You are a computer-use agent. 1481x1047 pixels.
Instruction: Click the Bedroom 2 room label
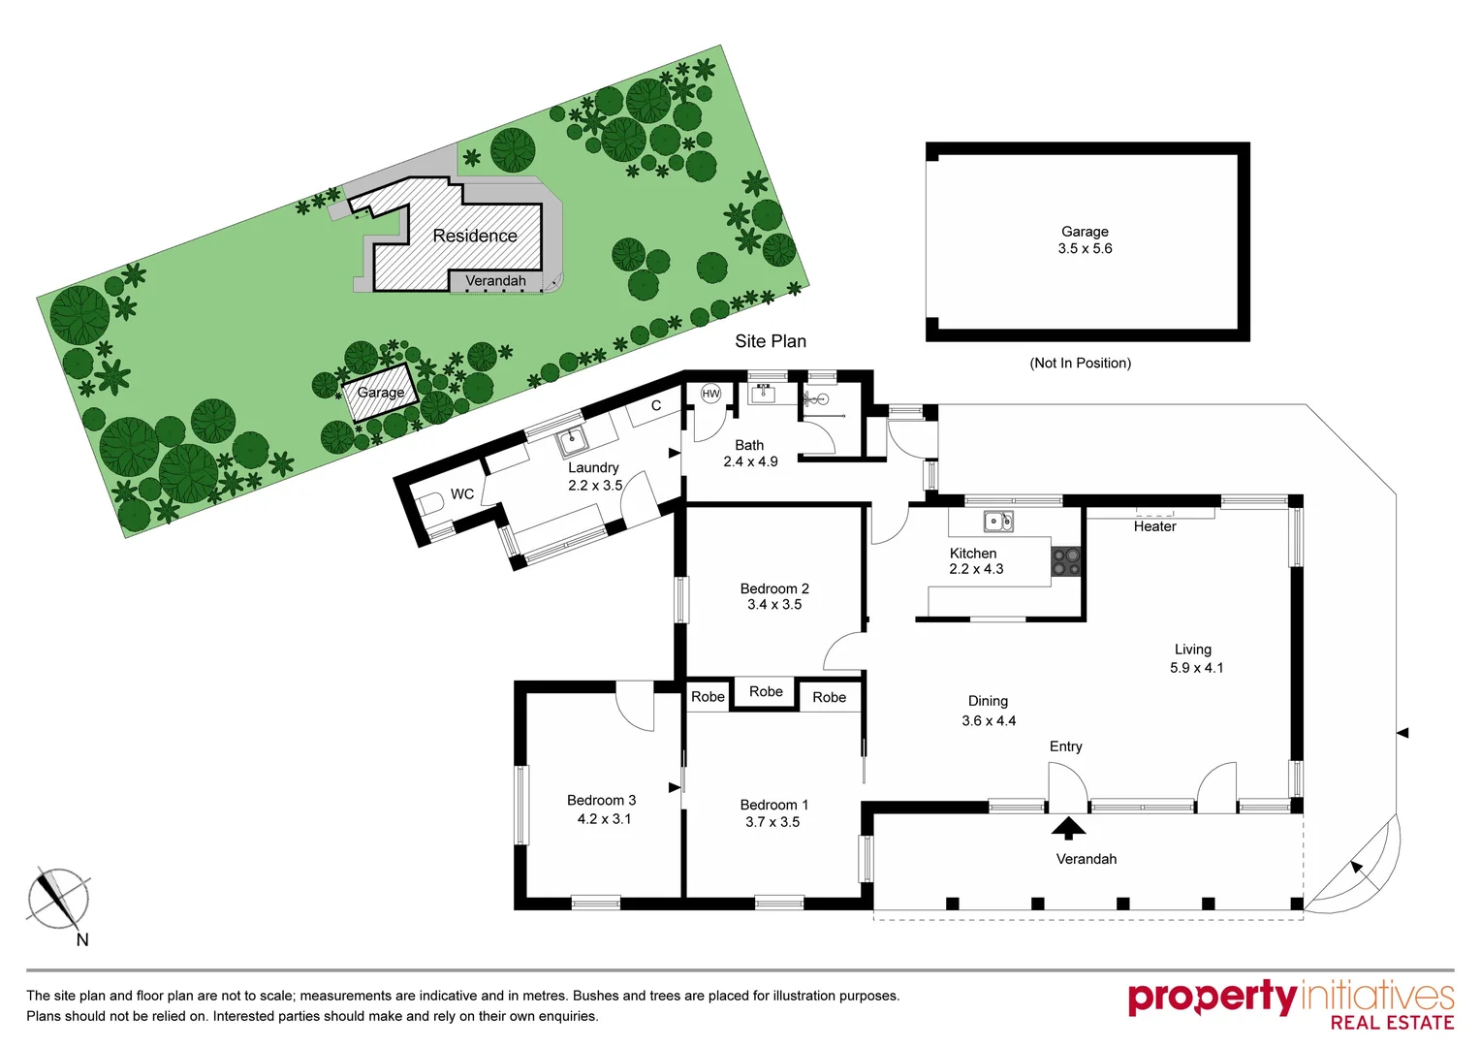773,588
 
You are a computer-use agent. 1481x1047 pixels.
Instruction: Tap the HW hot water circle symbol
710,394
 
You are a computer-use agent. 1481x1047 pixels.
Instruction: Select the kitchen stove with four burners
1066,561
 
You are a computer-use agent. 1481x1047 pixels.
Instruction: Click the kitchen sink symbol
998,522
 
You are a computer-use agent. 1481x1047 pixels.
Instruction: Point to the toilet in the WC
430,504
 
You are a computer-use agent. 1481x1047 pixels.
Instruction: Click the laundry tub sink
572,442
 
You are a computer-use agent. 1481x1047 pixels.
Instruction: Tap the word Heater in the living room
1154,526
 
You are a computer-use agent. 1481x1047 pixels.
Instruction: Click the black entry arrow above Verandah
1068,828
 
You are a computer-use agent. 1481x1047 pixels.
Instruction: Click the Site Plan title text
770,341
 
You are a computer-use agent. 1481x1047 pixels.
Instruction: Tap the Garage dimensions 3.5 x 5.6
1085,249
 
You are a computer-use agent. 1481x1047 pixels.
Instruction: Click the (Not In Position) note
1080,363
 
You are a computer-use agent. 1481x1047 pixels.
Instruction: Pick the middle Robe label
766,691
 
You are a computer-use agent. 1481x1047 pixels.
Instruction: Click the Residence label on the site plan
475,236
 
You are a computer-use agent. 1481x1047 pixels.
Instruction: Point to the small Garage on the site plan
380,393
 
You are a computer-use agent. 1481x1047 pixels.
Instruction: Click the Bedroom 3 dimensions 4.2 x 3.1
603,819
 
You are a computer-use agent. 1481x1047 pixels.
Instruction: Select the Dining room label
988,701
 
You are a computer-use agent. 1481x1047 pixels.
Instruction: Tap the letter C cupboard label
656,405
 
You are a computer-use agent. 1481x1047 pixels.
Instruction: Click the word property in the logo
1212,998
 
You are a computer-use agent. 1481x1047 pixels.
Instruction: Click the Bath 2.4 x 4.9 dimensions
750,461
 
